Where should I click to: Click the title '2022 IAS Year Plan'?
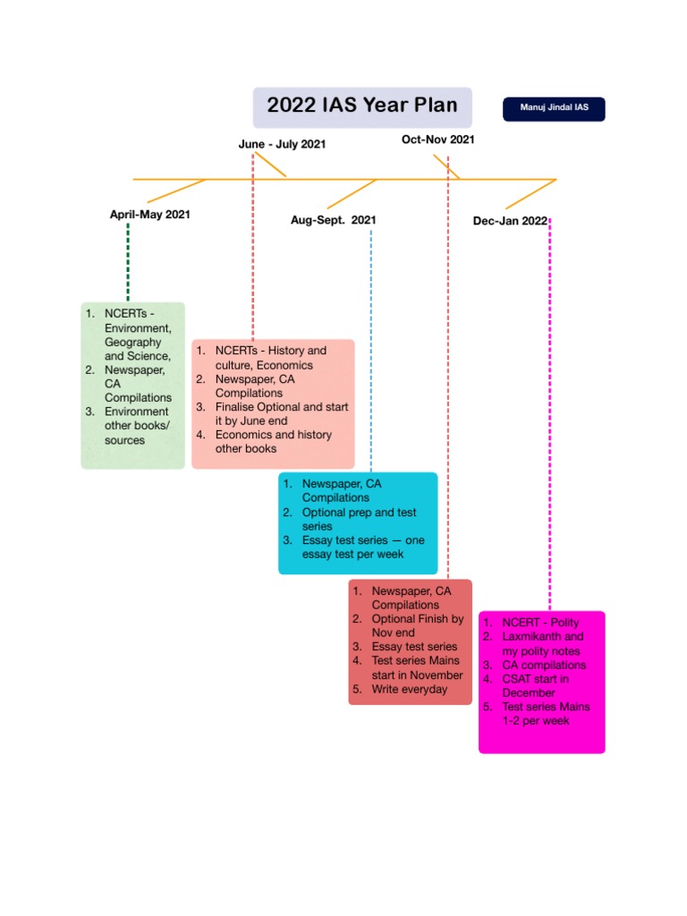(361, 106)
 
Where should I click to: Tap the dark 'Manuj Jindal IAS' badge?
(554, 108)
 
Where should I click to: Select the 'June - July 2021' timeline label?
(282, 144)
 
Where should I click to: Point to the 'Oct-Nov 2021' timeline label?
(437, 140)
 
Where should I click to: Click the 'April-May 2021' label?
(149, 215)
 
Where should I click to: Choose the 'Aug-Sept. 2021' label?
(333, 220)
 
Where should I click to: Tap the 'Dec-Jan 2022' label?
(510, 221)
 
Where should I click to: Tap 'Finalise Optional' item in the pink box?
(281, 413)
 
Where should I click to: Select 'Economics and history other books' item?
(273, 441)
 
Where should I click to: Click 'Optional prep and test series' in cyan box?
(359, 519)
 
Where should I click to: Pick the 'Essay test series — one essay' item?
(362, 547)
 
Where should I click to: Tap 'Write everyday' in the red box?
(410, 689)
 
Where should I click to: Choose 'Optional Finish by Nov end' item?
(417, 625)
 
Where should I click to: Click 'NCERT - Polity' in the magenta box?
(539, 623)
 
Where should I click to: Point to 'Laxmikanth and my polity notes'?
(542, 644)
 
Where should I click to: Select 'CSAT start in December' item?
(535, 685)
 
